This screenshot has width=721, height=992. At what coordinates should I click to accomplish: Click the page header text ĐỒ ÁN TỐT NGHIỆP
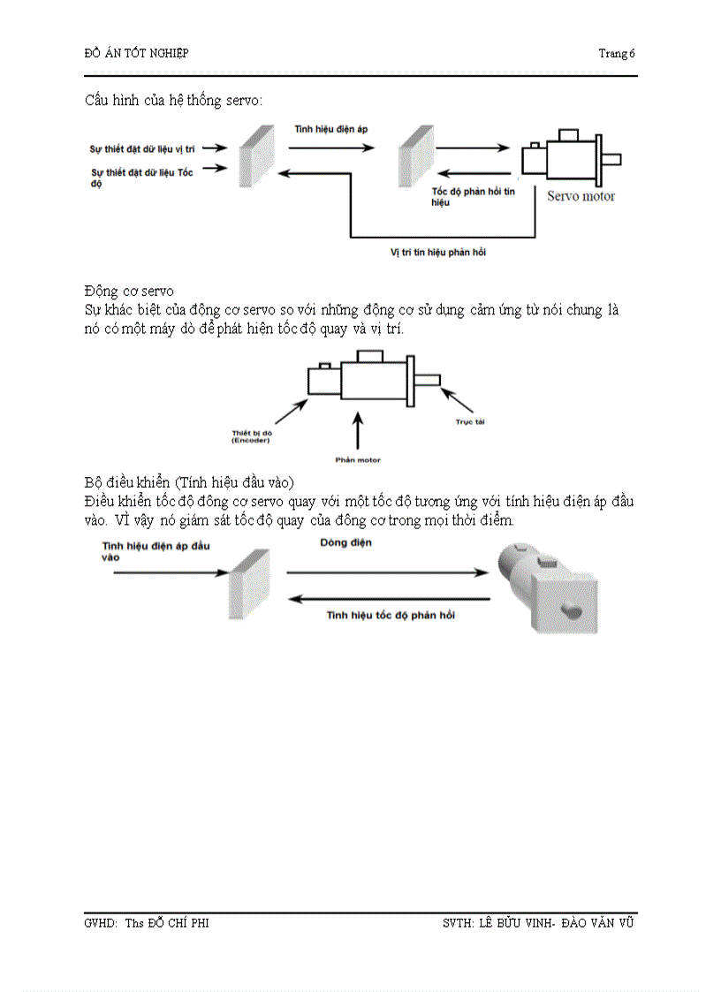click(x=135, y=53)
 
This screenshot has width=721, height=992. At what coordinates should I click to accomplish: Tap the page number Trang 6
click(x=617, y=53)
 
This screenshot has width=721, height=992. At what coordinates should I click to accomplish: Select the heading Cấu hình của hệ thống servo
click(x=173, y=100)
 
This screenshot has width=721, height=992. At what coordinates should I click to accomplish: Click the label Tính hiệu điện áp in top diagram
click(x=331, y=129)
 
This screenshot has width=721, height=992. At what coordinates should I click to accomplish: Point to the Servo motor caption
click(x=581, y=196)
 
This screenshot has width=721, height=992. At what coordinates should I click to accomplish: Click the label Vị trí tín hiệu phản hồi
click(x=438, y=253)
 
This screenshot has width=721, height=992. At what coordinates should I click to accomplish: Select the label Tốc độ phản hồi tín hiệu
click(x=472, y=197)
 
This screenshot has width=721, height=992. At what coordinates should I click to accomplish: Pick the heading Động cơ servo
click(x=129, y=291)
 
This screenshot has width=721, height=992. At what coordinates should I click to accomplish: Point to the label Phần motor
click(x=358, y=459)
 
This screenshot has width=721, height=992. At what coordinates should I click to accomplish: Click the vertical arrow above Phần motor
click(x=358, y=433)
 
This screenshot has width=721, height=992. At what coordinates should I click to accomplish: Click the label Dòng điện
click(x=345, y=542)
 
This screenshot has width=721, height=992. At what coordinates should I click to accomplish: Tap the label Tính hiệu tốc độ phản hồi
click(x=391, y=614)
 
